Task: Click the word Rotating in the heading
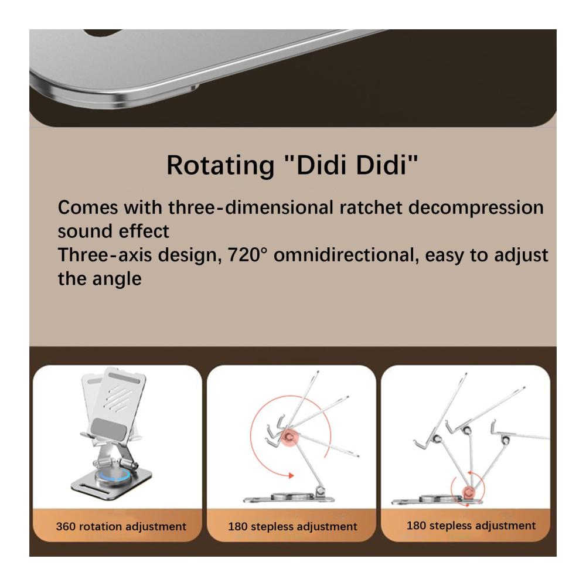pos(220,165)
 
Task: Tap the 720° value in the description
pos(248,255)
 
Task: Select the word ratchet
pos(371,207)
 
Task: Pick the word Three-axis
pos(105,255)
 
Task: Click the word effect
pos(145,231)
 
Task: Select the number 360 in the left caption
pos(66,526)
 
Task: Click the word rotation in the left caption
pos(101,526)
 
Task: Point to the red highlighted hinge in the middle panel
pos(289,437)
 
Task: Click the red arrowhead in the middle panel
pos(291,475)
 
